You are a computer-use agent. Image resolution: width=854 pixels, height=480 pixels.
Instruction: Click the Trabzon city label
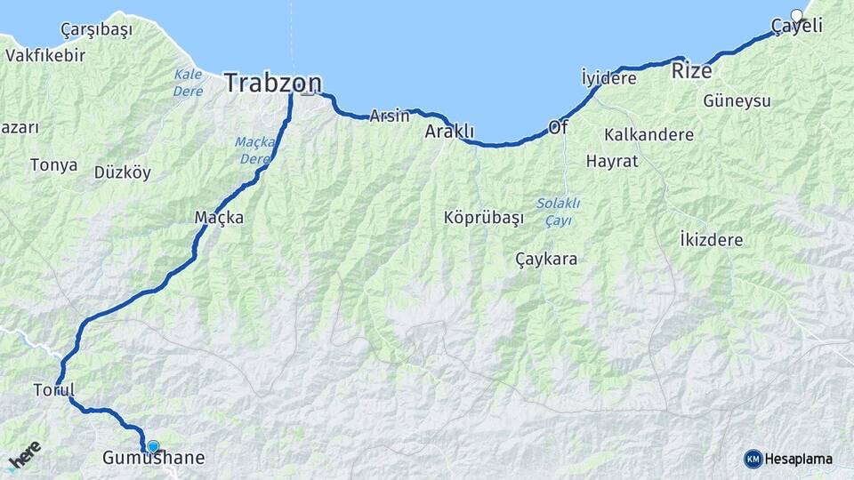pos(272,83)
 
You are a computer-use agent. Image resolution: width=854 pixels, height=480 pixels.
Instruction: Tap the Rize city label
pos(691,70)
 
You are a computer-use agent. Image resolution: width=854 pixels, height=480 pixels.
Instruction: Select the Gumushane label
pos(153,459)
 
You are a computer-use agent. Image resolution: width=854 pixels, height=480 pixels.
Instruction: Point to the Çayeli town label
pos(796,27)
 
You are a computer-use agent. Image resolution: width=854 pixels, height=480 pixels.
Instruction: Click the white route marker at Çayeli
pos(797,15)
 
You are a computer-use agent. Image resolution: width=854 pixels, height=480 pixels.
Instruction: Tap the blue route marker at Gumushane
pos(153,446)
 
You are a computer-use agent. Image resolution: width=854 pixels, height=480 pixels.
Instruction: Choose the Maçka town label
pos(219,217)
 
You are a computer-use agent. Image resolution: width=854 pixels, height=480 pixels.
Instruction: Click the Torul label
pos(53,389)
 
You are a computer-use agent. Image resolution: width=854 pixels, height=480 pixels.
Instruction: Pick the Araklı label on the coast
pos(449,132)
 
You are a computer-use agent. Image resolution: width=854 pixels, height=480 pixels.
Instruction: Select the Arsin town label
pos(390,116)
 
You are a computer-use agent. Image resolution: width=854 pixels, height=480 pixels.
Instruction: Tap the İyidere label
pos(608,78)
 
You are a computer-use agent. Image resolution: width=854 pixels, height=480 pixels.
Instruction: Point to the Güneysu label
pos(737,100)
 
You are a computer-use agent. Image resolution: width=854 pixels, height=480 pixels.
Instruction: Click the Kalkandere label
pos(649,135)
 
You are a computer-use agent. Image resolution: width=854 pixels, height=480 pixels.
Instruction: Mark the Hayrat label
pos(612,162)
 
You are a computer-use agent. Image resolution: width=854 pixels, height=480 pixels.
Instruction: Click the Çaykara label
pos(546,260)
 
